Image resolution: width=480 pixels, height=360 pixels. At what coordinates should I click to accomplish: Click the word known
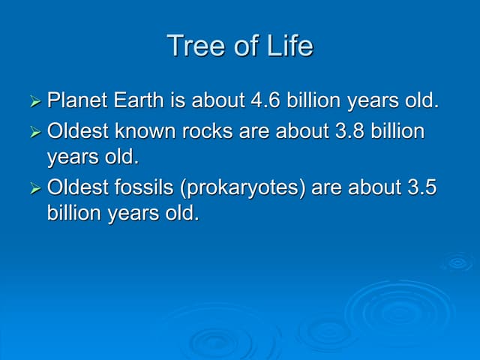148,132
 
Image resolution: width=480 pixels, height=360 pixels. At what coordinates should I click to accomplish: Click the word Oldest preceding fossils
76,187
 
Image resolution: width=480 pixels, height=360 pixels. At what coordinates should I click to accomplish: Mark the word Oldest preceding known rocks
76,132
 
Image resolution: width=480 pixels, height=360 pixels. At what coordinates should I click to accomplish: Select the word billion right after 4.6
314,100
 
